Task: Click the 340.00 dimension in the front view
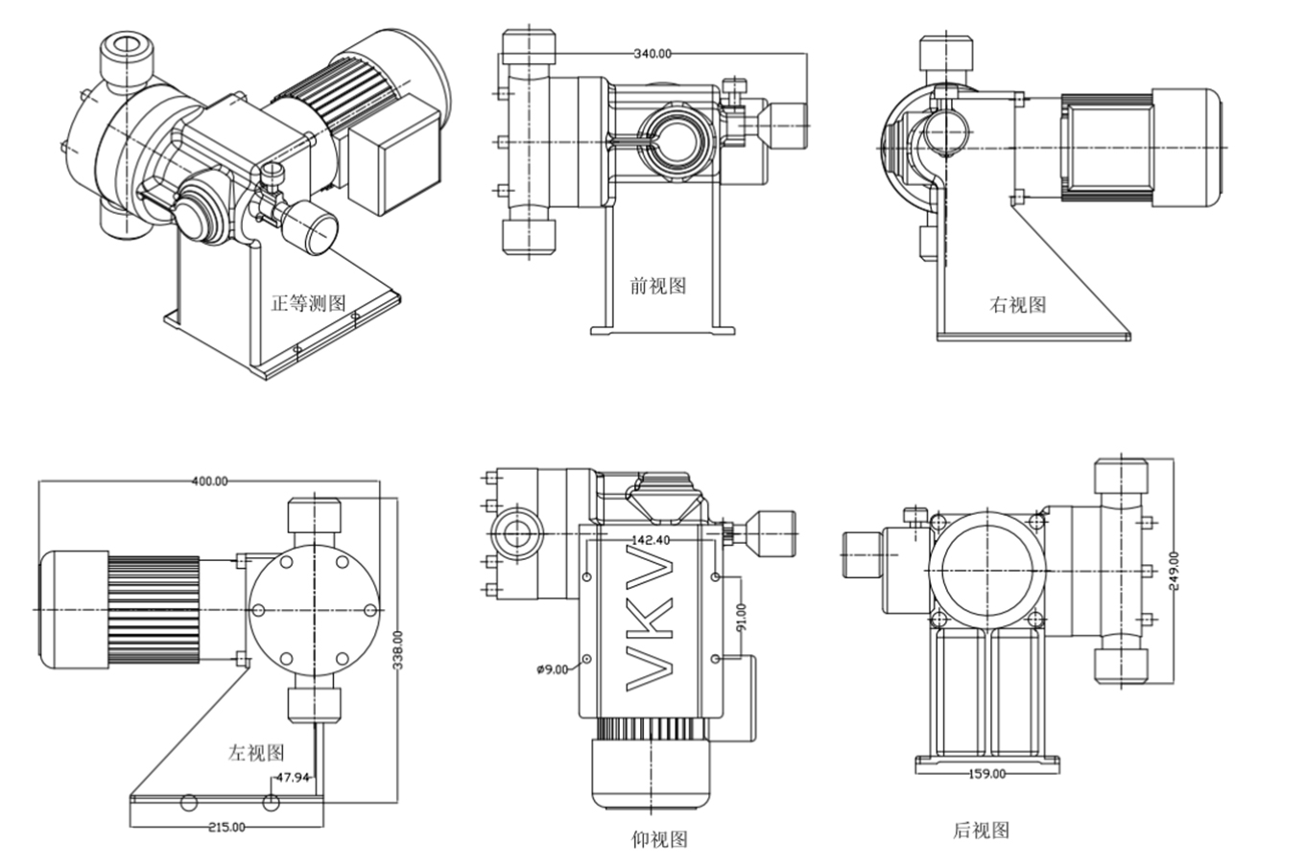(x=652, y=54)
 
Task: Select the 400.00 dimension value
(x=209, y=481)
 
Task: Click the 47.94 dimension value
(x=293, y=778)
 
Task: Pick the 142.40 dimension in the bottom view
(x=652, y=539)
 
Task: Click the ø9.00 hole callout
(x=552, y=669)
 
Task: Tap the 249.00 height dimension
(x=1174, y=572)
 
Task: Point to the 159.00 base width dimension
(x=987, y=773)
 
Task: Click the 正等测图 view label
(x=307, y=303)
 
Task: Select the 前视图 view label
(x=658, y=285)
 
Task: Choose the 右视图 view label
(x=1018, y=305)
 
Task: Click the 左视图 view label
(x=256, y=752)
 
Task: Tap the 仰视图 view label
(x=659, y=839)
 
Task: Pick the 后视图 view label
(x=981, y=831)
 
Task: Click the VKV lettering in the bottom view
(x=651, y=618)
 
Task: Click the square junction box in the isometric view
(x=392, y=170)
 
